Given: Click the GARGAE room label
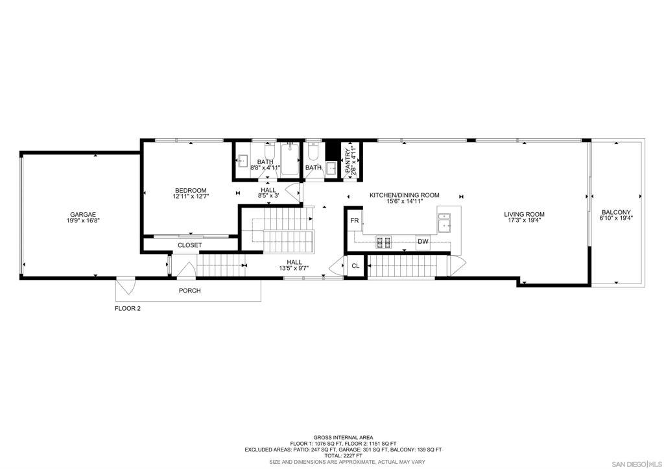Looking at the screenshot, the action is (x=83, y=215).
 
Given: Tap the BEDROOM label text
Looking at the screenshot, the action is (x=191, y=191).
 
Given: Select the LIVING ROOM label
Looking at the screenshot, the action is (x=524, y=214).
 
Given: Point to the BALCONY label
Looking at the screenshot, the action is (x=616, y=212).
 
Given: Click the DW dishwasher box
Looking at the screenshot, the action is (x=423, y=242).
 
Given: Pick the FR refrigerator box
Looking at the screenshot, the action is (x=355, y=221).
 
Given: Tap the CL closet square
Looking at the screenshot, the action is (x=356, y=266).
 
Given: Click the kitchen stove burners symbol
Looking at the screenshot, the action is (x=384, y=242).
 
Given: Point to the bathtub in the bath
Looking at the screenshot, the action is (x=290, y=159).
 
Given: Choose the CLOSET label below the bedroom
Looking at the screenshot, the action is (x=190, y=245).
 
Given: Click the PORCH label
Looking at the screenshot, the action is (x=190, y=291).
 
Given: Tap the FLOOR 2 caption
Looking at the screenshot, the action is (x=128, y=308).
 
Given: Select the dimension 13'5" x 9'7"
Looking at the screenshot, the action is (x=294, y=268).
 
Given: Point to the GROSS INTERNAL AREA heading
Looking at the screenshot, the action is (x=343, y=437).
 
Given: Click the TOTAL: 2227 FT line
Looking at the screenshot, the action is (x=343, y=455).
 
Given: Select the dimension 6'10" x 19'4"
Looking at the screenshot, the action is (x=616, y=218).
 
